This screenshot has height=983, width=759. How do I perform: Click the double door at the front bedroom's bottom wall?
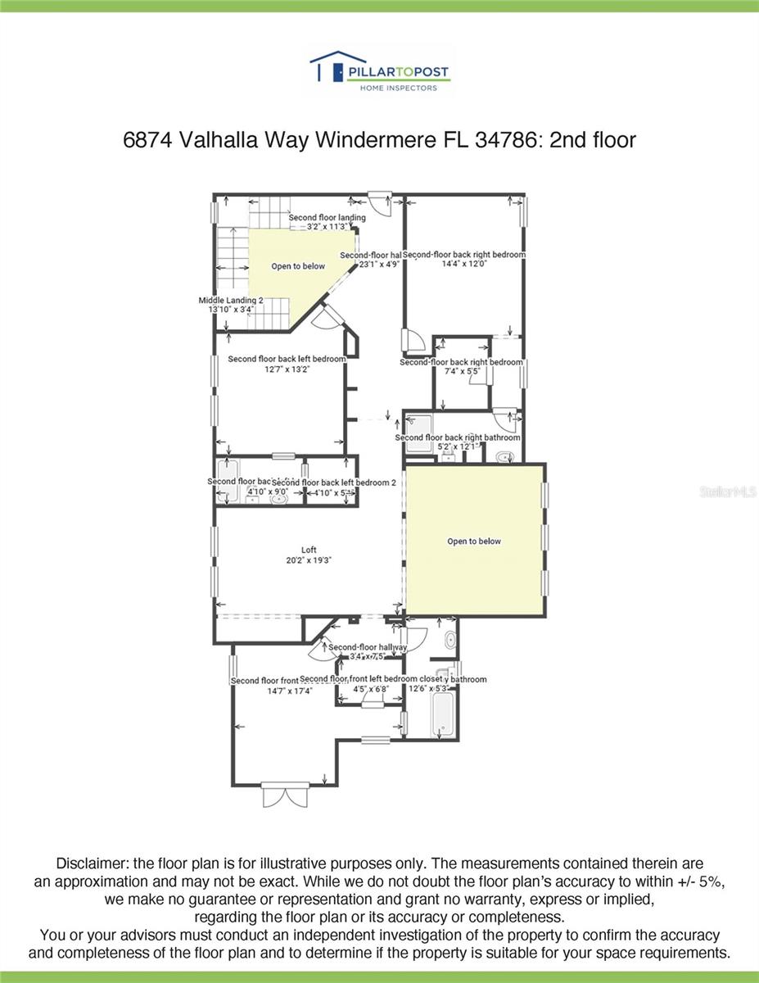286,795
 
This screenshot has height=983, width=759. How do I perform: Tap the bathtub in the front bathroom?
442,715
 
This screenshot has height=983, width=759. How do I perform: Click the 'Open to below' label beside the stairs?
298,266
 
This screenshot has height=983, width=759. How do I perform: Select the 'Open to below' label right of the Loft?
474,541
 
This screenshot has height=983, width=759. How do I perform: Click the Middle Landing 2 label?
231,301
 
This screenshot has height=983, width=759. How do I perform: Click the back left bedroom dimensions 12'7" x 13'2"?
287,369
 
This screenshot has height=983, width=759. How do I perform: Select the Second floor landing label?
327,217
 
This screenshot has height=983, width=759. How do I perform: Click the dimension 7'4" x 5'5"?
461,372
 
